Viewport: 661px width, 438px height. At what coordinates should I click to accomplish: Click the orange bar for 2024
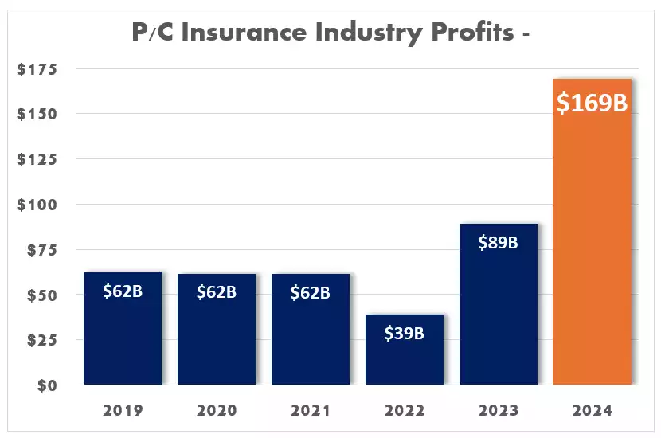coord(592,232)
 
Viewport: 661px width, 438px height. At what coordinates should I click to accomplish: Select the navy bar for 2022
coord(405,350)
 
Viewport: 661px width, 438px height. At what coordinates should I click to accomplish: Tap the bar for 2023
coord(499,304)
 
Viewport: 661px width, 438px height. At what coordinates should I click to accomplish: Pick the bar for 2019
coord(123,328)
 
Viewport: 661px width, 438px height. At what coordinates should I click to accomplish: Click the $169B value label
coord(592,103)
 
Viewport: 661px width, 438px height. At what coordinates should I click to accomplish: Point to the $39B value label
coord(405,333)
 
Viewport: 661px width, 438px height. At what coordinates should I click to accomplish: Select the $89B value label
coord(498,242)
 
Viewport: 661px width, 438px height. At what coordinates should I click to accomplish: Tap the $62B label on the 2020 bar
coord(217,291)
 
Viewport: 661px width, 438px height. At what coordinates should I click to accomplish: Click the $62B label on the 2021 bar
coord(311,292)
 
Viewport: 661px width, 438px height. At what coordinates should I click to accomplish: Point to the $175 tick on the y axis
coord(37,69)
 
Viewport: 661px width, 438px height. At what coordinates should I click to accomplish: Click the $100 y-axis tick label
coord(37,205)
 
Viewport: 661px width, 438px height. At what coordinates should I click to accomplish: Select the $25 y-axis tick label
coord(41,340)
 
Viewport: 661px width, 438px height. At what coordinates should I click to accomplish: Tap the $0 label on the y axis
coord(47,385)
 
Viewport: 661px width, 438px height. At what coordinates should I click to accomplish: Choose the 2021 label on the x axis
coord(311,410)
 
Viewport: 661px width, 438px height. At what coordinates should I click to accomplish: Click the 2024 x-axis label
coord(592,410)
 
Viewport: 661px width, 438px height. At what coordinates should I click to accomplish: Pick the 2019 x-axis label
coord(123,410)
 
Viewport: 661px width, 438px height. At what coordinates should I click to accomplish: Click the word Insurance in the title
coord(244,32)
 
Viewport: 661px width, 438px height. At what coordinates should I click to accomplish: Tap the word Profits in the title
coord(472,32)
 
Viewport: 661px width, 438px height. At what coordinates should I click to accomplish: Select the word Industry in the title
coord(369,33)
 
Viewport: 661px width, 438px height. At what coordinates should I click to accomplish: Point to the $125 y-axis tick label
coord(37,159)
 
